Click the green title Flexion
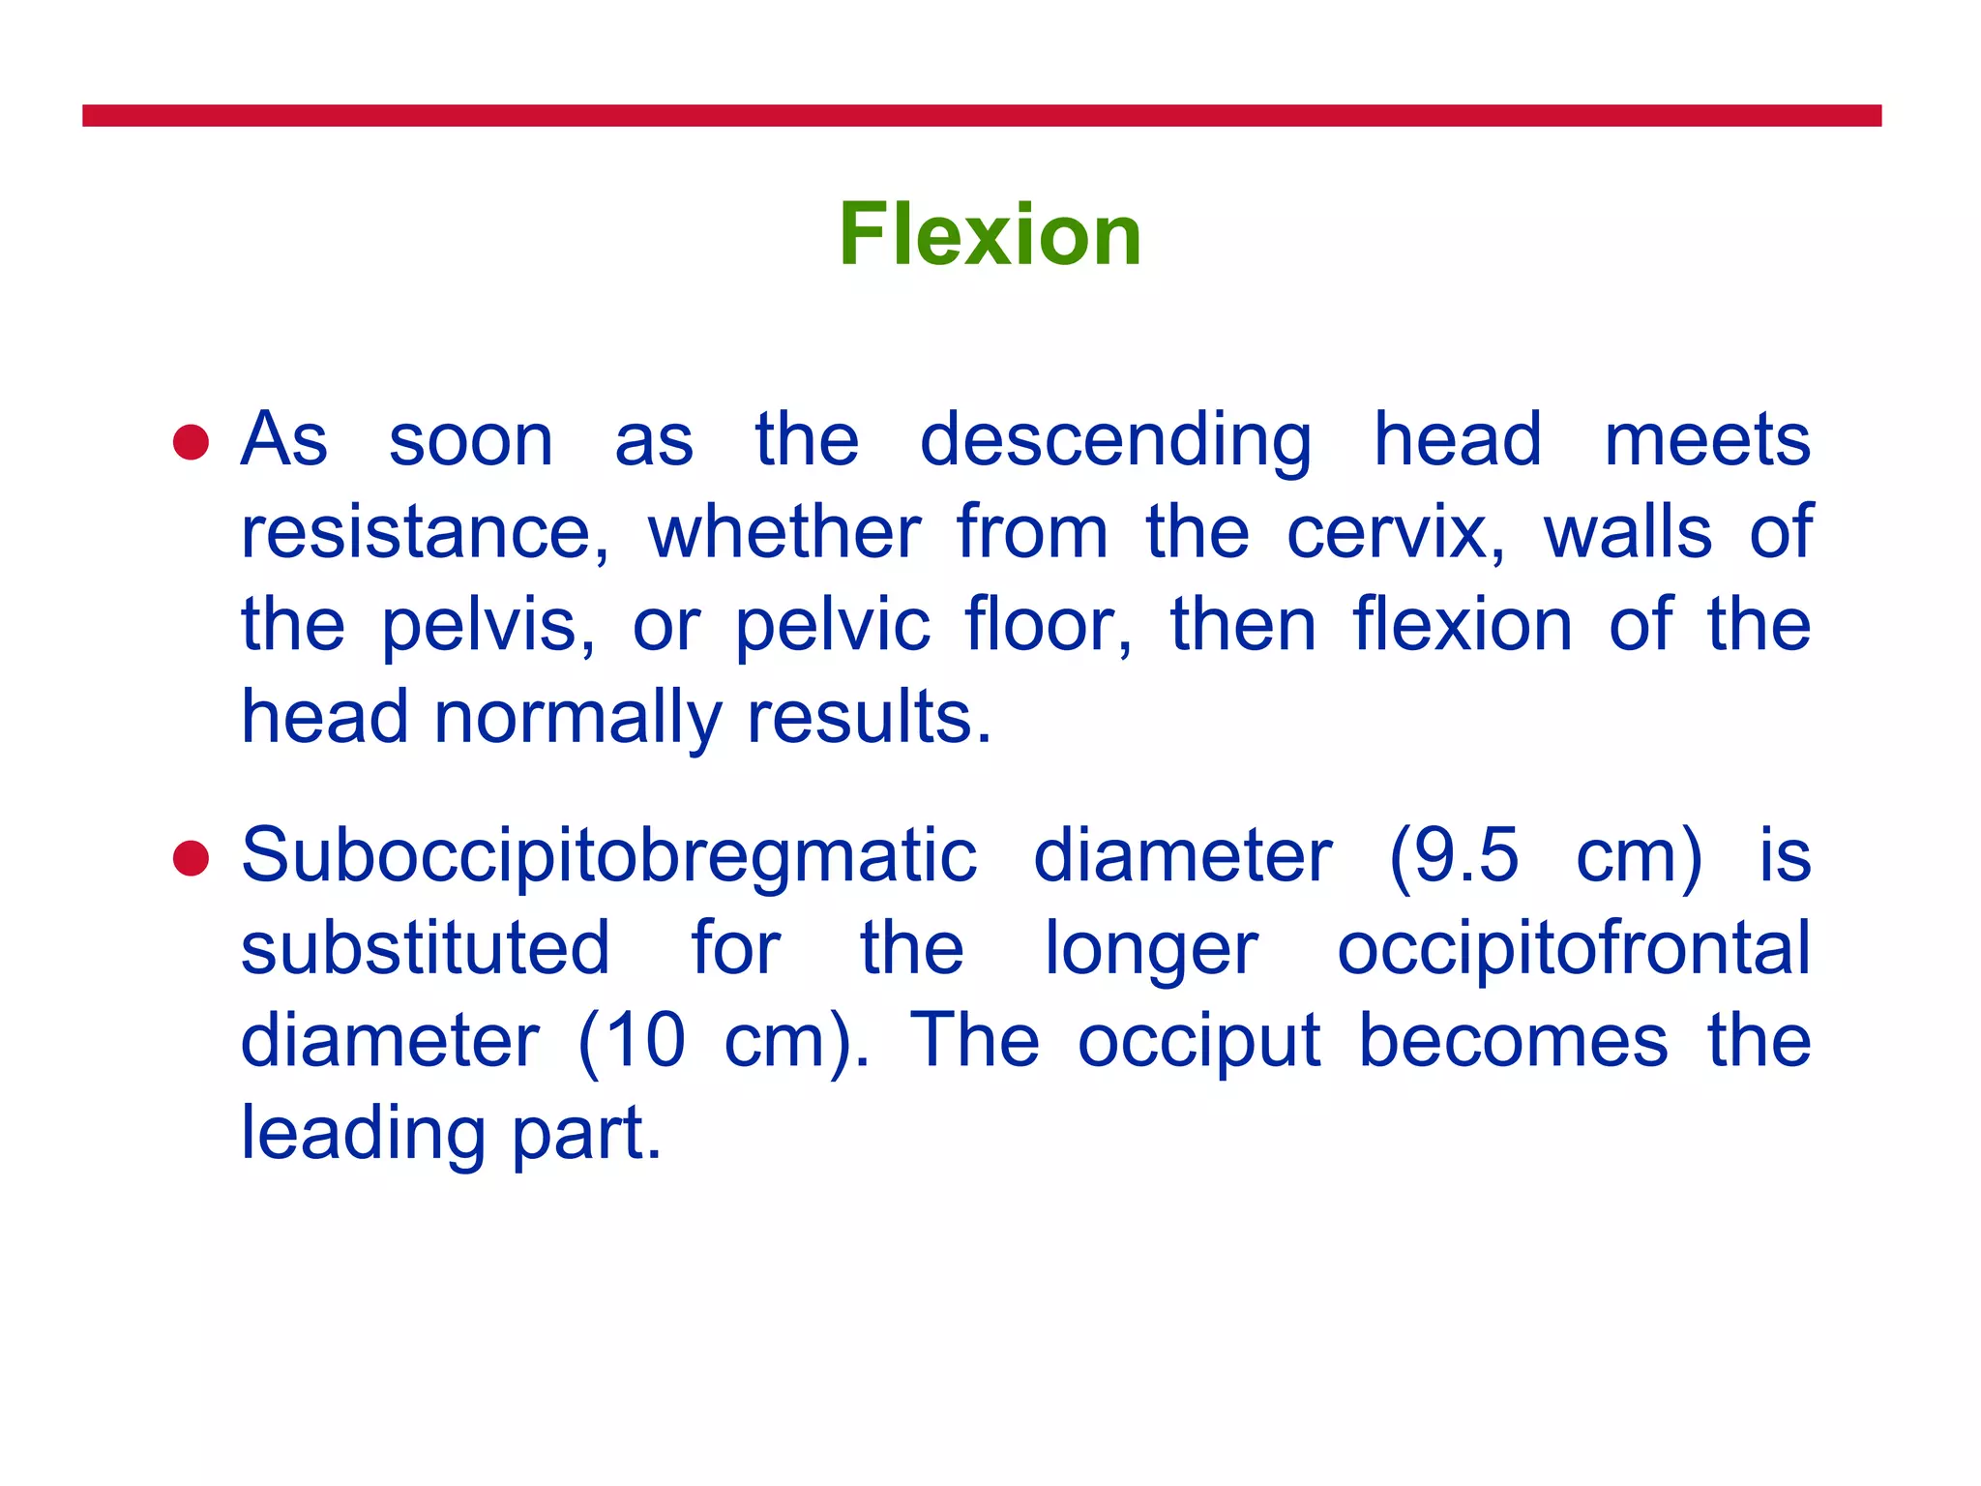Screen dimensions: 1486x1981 [990, 234]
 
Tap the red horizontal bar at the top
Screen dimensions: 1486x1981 [981, 116]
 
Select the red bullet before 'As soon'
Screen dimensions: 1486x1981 [191, 443]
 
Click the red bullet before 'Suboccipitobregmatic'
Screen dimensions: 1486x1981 [191, 858]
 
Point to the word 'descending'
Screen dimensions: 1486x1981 [1115, 441]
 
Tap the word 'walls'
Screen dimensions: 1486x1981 [1627, 533]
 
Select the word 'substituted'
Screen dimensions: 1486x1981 [426, 948]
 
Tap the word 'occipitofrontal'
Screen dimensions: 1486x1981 [1574, 948]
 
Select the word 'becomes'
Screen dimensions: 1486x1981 [1514, 1041]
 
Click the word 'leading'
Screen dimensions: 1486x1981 [363, 1134]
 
